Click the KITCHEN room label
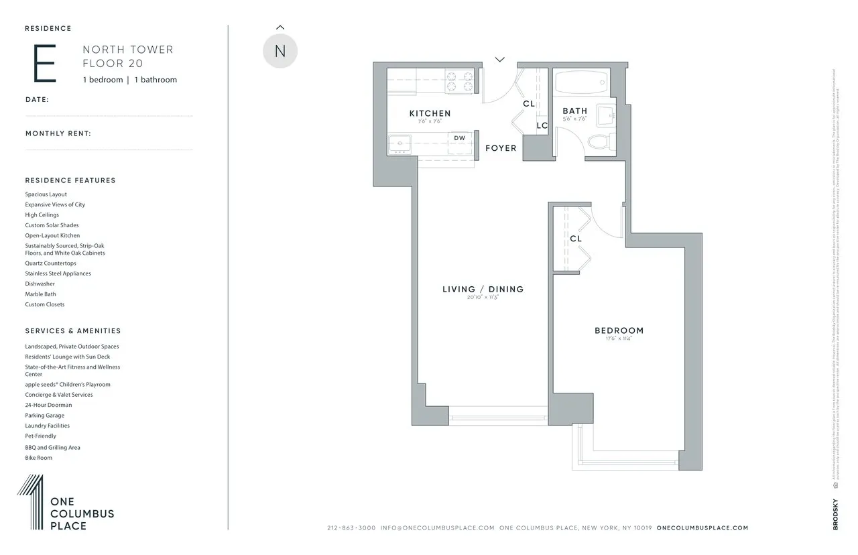tap(430, 113)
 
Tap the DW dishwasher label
tap(459, 138)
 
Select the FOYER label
tap(501, 147)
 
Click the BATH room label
tap(574, 111)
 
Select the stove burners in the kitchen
tap(461, 81)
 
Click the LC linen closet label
tap(542, 125)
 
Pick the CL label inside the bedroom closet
tap(575, 239)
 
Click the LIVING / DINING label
tap(483, 290)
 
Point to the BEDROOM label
tap(619, 330)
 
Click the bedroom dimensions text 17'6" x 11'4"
tap(619, 339)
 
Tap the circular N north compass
tap(280, 51)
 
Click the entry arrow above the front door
tap(499, 60)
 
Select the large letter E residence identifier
tap(44, 65)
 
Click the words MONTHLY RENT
tap(58, 133)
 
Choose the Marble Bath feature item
tap(40, 294)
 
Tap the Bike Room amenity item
tap(38, 458)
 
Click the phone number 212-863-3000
tap(351, 528)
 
